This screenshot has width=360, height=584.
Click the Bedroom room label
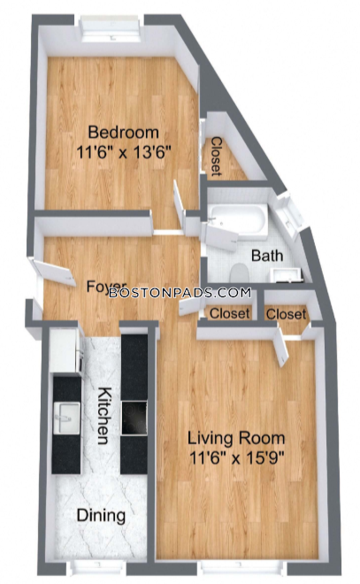pos(123,133)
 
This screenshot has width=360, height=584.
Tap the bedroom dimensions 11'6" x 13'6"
pos(124,152)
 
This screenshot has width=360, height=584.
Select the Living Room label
pos(236,438)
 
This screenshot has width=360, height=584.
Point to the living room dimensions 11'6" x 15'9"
pos(237,457)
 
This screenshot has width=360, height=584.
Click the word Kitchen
pos(104,416)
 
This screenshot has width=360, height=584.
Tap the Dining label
pos(101,516)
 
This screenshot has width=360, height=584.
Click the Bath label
pos(267,256)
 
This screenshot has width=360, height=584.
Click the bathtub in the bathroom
pos(238,220)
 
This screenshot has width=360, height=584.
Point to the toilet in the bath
pos(239,273)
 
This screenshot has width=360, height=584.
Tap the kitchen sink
pos(67,418)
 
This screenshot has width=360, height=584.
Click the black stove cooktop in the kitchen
pos(134,418)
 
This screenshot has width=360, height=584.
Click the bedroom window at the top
pos(111,28)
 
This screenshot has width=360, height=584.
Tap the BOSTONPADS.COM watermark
pos(180,293)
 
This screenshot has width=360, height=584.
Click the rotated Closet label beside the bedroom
pos(216,157)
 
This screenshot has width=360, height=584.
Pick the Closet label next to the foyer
pos(229,313)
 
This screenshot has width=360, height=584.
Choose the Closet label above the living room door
pos(286,314)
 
